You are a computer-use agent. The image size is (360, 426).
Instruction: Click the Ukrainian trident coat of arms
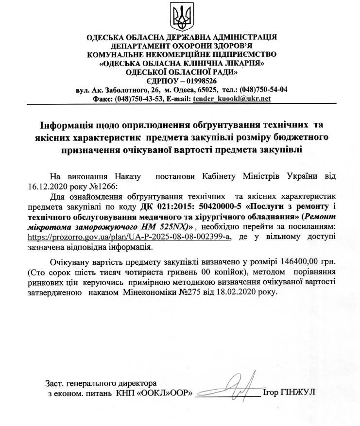pyautogui.click(x=180, y=17)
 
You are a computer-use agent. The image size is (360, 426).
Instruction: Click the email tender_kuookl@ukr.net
pyautogui.click(x=232, y=99)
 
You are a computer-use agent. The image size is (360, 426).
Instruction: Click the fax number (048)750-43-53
pyautogui.click(x=138, y=99)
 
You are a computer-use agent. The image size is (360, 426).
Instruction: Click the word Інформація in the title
pyautogui.click(x=66, y=124)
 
